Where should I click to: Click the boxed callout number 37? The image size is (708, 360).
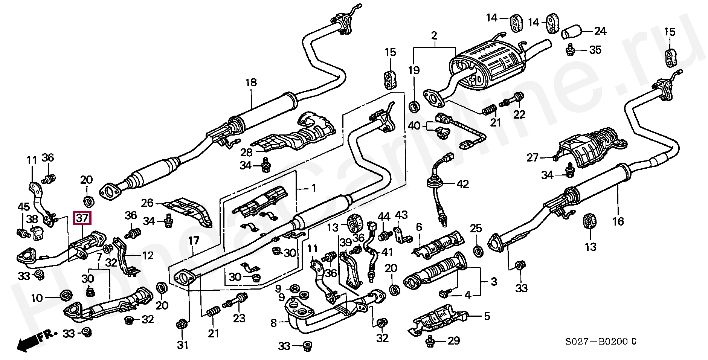[x=82, y=218]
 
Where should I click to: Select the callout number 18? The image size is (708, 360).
[x=251, y=82]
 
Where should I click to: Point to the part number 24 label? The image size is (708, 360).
[x=600, y=31]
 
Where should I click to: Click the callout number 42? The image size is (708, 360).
[x=463, y=184]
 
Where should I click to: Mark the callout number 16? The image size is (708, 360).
[x=618, y=221]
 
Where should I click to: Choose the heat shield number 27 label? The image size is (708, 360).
[x=533, y=157]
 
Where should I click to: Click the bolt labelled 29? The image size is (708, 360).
[x=429, y=342]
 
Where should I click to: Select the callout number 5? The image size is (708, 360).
[x=487, y=316]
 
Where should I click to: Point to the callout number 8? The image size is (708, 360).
[x=274, y=323]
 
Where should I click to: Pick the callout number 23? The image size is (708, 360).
[x=239, y=319]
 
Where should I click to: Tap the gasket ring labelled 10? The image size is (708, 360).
[x=66, y=294]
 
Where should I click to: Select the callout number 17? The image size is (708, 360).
[x=194, y=241]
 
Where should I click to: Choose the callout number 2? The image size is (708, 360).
[x=434, y=36]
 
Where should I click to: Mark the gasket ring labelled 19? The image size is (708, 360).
[x=414, y=107]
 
